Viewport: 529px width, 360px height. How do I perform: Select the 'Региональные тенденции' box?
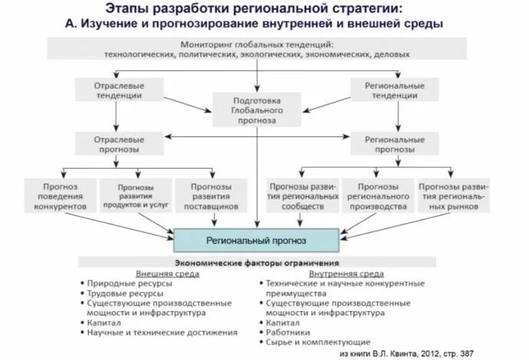coord(398,90)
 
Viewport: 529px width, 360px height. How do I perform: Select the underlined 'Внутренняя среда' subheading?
coord(347,273)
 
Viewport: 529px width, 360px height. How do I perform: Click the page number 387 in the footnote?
coord(497,354)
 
